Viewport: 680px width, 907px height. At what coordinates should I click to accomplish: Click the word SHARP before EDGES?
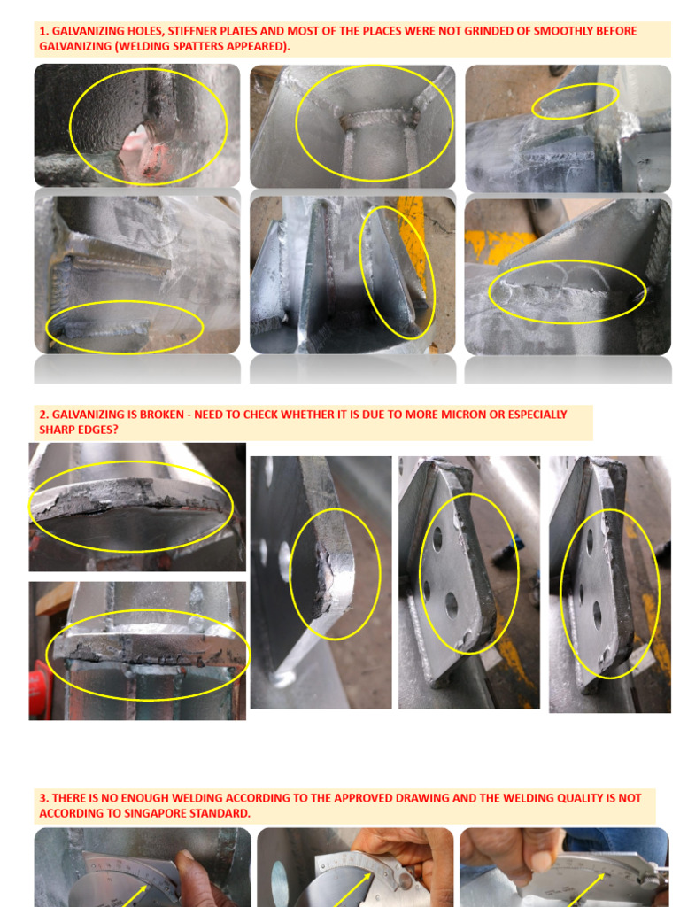pos(57,430)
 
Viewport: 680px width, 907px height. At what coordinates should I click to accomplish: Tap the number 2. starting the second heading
pos(44,415)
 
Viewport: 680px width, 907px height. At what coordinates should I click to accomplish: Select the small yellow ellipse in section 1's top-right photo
pos(575,101)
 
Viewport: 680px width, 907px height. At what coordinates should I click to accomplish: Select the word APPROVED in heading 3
pos(382,798)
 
